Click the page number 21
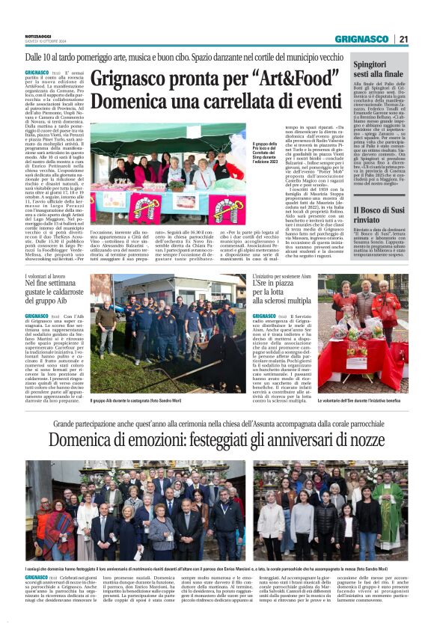point(403,39)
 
